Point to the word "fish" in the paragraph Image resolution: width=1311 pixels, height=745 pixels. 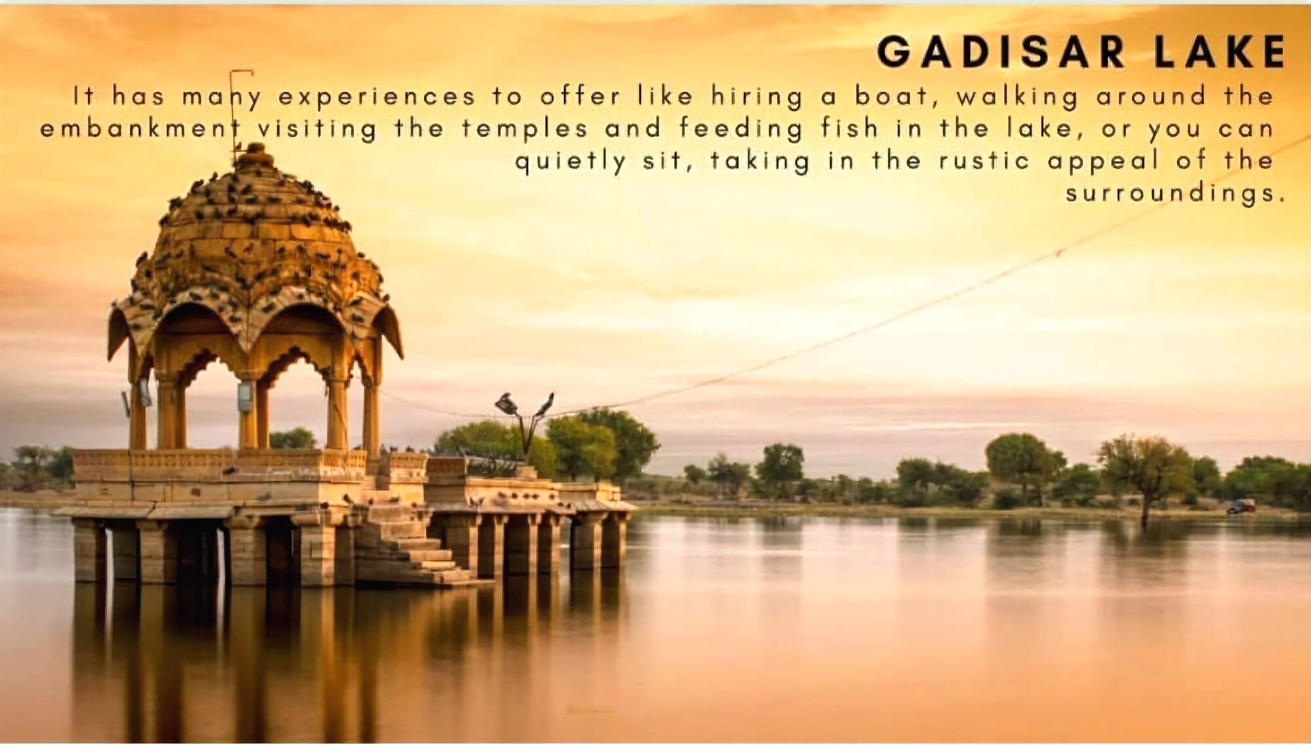click(850, 128)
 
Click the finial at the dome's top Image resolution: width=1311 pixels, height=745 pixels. click(256, 156)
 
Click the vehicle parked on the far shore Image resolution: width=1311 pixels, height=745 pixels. click(1240, 506)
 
